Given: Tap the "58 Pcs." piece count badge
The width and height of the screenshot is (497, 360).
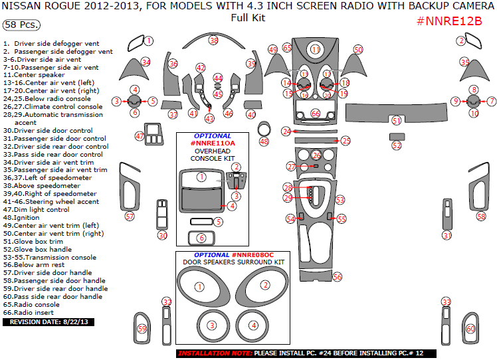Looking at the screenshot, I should click(x=21, y=25).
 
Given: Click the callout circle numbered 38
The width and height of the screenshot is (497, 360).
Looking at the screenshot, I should click(x=213, y=40).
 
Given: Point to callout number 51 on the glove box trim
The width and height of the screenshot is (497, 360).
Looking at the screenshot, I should click(x=397, y=121).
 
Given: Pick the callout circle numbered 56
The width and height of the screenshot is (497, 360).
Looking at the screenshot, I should click(x=337, y=276).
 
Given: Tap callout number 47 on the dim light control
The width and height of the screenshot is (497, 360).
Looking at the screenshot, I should click(x=140, y=135).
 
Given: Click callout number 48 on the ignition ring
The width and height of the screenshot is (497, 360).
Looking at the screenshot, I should click(x=264, y=141).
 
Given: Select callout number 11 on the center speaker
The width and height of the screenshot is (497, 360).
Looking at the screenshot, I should click(x=316, y=49).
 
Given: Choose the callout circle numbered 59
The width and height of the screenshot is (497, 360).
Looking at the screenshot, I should click(x=142, y=329).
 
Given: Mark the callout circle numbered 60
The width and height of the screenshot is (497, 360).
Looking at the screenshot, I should click(x=470, y=329).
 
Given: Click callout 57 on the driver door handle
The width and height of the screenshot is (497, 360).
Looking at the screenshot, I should click(x=130, y=216).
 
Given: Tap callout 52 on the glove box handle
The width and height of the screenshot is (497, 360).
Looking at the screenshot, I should click(x=397, y=145).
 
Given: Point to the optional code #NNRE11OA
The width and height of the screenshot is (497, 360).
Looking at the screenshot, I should click(x=213, y=143).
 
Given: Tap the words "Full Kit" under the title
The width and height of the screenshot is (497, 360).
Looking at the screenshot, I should click(x=248, y=18).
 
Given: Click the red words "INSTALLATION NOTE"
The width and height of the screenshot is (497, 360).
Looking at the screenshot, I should click(x=215, y=353).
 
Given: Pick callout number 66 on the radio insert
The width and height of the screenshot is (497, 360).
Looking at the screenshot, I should click(x=316, y=114).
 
